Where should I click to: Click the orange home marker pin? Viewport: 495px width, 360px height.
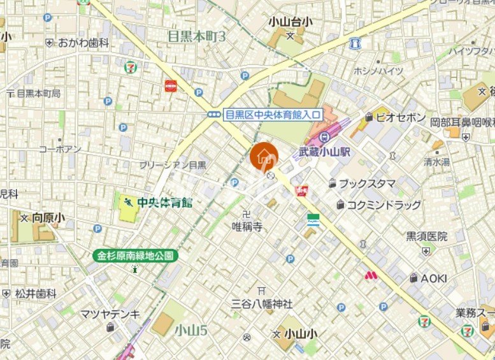coord(263,157)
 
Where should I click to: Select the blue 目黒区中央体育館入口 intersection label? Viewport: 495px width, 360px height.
coord(273,115)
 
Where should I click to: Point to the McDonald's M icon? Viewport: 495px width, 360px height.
coord(371,276)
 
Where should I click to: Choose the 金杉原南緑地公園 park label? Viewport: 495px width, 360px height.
coord(135,256)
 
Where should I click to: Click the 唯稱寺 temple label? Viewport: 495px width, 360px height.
coord(247,226)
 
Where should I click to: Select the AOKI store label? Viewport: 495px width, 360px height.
coord(433,278)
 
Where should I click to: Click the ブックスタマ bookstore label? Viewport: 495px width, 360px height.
coord(366,184)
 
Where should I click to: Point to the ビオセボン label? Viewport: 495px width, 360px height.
coord(400,117)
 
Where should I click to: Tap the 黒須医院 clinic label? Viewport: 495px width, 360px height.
coord(427,236)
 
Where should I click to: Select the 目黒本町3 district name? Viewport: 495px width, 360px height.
coord(197,36)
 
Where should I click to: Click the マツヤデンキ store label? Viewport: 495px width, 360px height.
coord(110,313)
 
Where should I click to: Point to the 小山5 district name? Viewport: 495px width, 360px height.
coord(190,329)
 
